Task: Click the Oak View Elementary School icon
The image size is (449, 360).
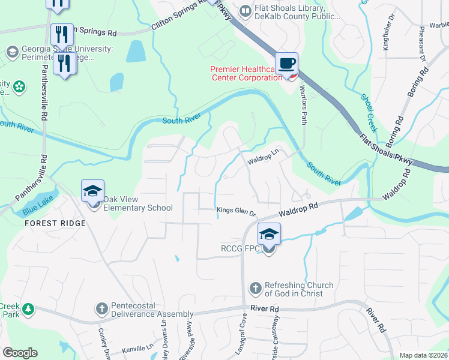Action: [93, 192]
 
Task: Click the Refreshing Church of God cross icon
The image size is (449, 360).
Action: [256, 289]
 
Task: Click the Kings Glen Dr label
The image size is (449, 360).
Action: [236, 211]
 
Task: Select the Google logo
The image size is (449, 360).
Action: [20, 353]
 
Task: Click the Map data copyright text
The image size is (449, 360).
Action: [423, 355]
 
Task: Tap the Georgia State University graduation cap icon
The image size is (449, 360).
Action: [11, 52]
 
